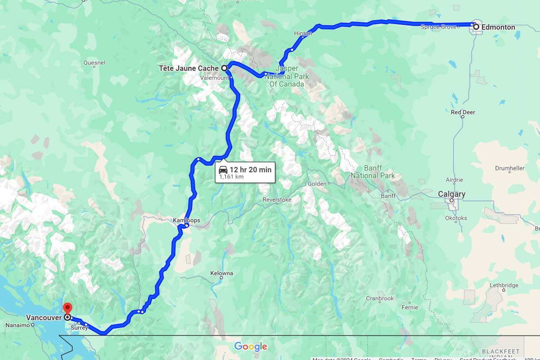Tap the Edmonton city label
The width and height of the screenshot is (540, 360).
point(498,27)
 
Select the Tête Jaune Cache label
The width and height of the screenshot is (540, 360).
point(189,68)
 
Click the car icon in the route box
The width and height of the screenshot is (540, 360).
point(223,170)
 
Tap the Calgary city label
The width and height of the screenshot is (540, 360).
point(452,194)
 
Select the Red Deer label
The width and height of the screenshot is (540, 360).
point(463,112)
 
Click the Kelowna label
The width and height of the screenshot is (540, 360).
point(221,273)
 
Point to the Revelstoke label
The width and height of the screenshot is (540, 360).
point(277,199)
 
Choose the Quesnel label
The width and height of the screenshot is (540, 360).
point(94,63)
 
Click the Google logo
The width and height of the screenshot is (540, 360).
point(251,346)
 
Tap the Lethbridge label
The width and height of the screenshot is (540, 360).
point(504,285)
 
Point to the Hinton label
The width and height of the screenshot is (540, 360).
point(302,34)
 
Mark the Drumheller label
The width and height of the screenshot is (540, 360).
point(509,168)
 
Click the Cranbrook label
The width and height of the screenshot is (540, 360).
point(379,298)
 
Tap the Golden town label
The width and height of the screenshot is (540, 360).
point(317,184)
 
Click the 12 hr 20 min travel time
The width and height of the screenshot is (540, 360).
point(250,170)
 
